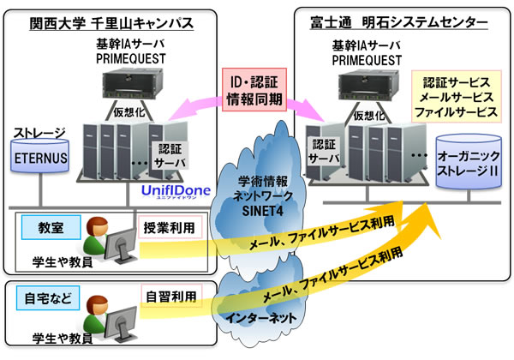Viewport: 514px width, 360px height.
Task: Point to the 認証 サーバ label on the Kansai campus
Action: [172, 154]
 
